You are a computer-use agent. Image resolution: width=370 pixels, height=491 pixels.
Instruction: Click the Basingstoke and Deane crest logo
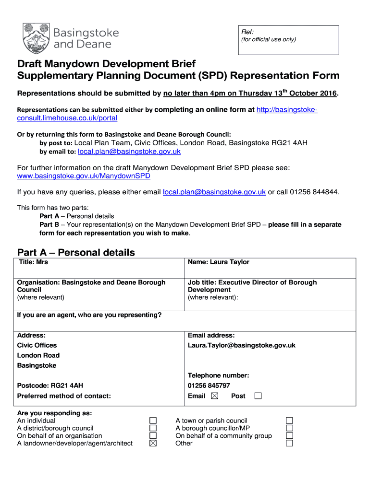36,38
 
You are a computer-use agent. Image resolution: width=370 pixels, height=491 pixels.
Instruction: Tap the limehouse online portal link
67,118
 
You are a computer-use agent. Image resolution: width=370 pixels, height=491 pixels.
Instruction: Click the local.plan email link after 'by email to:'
129,152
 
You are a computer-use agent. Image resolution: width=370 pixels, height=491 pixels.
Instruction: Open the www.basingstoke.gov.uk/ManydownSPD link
84,176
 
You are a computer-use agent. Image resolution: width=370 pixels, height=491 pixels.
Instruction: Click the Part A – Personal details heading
76,252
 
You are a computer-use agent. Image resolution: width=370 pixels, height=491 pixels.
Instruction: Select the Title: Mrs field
33,262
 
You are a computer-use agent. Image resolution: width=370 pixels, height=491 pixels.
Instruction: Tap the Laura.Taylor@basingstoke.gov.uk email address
242,345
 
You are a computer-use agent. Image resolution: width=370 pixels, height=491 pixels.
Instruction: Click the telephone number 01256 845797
209,386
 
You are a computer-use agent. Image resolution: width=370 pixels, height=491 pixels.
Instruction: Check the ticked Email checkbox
214,396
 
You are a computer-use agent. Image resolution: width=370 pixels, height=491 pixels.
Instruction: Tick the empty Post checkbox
258,396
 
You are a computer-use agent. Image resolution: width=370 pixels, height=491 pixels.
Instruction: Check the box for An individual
153,421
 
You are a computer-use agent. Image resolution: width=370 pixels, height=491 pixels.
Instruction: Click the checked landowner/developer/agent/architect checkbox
153,444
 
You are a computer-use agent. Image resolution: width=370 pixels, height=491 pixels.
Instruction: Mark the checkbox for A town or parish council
290,421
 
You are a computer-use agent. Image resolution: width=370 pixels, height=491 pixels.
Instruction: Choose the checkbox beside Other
290,444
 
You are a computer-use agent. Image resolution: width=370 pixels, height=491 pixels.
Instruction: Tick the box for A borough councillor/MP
290,428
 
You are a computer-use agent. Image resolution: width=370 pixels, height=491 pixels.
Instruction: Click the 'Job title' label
202,282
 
